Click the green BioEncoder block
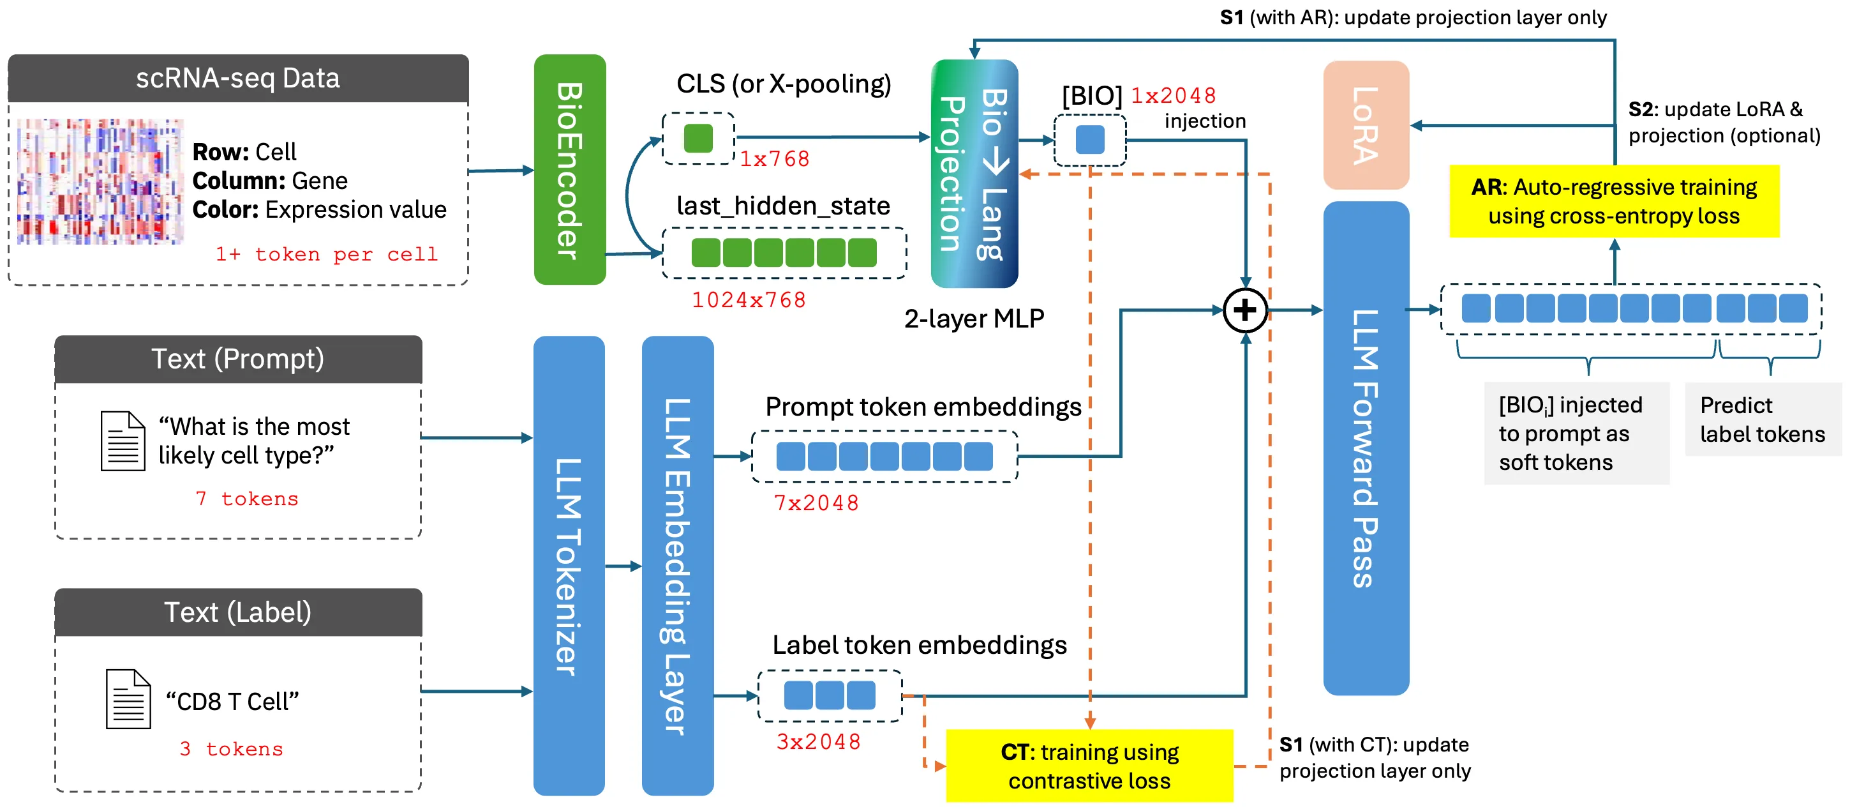pos(569,170)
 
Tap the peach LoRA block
pos(1365,125)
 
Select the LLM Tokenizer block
pos(569,566)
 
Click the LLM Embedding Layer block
pos(677,566)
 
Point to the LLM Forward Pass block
pos(1365,448)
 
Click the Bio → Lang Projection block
pos(974,174)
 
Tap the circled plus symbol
pos(1244,310)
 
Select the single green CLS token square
pos(698,138)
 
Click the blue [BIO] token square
pos(1089,139)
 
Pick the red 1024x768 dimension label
pos(749,299)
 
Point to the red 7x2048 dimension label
pos(816,503)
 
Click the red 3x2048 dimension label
pos(818,741)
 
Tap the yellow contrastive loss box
pos(1089,766)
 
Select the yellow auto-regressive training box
pos(1614,201)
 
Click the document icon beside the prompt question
pos(123,441)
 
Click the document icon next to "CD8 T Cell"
pos(128,699)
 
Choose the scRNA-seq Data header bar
pos(238,79)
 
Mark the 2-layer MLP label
pos(974,318)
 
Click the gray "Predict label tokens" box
pos(1763,420)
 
